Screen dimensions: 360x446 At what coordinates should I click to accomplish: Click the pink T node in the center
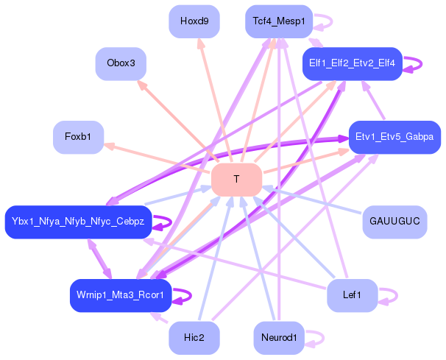click(x=236, y=180)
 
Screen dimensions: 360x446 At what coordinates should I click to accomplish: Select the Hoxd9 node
click(x=194, y=21)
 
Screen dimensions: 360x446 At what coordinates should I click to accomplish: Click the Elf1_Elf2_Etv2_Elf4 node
click(x=352, y=64)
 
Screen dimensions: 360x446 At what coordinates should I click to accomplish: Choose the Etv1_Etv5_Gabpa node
click(x=394, y=137)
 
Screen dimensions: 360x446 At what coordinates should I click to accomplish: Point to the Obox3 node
click(x=121, y=63)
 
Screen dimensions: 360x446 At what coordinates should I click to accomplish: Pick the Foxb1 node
click(x=78, y=137)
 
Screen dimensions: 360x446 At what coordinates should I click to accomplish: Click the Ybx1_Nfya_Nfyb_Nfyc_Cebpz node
click(x=78, y=222)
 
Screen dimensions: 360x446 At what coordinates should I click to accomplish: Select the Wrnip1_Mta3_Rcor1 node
click(x=121, y=295)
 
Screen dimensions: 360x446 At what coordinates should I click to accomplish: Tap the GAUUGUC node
click(x=394, y=222)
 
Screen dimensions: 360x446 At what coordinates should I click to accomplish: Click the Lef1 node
click(x=352, y=295)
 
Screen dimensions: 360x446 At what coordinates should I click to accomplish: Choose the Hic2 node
click(x=194, y=338)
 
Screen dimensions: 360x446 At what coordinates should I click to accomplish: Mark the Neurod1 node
click(x=279, y=338)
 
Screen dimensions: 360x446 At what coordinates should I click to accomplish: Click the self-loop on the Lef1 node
click(x=389, y=296)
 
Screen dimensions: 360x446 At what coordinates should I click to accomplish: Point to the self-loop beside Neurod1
click(x=316, y=338)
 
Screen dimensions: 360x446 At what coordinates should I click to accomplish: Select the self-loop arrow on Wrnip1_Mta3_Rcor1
click(x=184, y=295)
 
